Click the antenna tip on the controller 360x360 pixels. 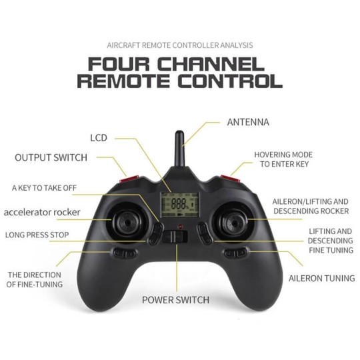(x=179, y=133)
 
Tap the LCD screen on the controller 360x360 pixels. (x=179, y=205)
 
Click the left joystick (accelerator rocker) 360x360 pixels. (x=127, y=222)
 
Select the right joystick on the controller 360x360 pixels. (x=234, y=222)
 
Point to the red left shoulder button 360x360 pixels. (x=129, y=179)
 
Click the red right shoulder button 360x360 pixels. (x=230, y=179)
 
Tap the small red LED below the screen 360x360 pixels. (x=180, y=227)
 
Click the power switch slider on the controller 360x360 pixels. (x=175, y=237)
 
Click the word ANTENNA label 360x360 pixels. (x=248, y=122)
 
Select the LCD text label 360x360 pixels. (x=99, y=138)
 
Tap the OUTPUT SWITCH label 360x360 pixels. (x=51, y=158)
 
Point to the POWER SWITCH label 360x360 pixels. (x=175, y=300)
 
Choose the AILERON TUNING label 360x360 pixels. (x=322, y=278)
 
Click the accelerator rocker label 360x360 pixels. (x=42, y=212)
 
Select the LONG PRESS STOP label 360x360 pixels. (x=37, y=235)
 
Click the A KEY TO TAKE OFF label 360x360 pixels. (x=44, y=188)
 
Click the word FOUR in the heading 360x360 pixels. (x=119, y=64)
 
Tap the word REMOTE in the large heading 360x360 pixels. (x=123, y=81)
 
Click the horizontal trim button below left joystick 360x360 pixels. (x=125, y=253)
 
